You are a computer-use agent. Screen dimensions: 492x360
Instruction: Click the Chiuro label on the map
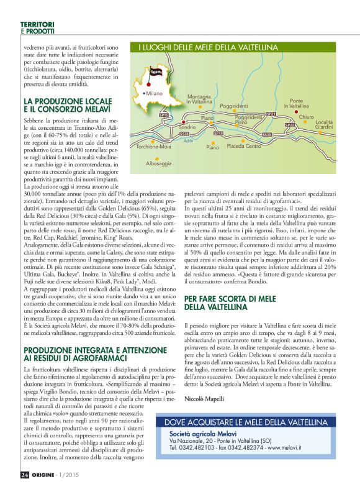pyautogui.click(x=306, y=117)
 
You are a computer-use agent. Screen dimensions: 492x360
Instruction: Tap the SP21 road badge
pyautogui.click(x=271, y=114)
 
